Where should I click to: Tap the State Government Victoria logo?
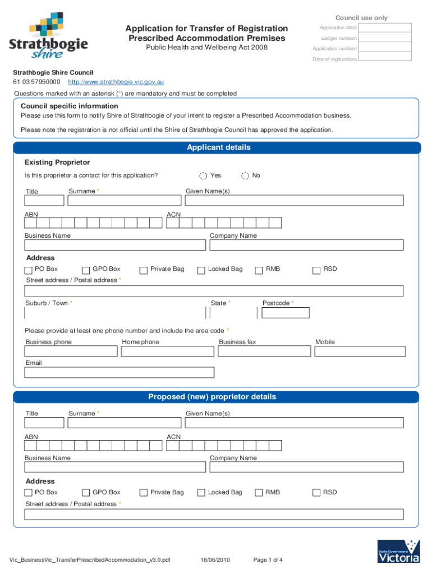399,551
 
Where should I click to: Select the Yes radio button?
203,176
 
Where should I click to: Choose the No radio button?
245,176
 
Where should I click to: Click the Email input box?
119,373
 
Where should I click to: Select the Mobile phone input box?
360,351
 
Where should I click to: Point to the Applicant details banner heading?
218,148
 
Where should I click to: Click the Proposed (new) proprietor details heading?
212,397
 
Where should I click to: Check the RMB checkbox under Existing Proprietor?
259,270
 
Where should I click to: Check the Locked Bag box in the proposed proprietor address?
201,493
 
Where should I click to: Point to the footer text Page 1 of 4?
268,560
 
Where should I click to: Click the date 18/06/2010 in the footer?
216,560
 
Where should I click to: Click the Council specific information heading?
70,107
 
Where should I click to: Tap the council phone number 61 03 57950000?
36,82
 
